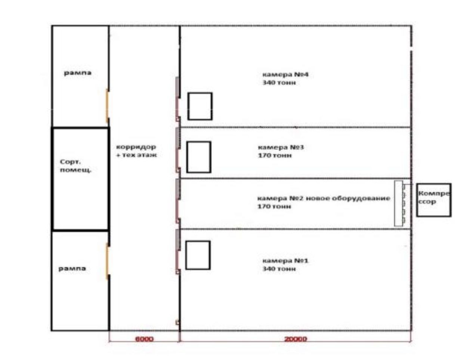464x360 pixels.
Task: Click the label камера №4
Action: click(x=285, y=74)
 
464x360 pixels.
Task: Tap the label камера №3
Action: click(x=281, y=147)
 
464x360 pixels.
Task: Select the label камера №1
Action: click(x=285, y=261)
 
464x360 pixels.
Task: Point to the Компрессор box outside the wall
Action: click(x=434, y=200)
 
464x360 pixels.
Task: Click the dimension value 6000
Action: click(x=144, y=339)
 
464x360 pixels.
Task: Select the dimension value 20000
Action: click(x=296, y=339)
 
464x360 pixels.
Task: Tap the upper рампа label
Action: click(x=78, y=73)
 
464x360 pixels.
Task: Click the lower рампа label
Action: click(x=72, y=268)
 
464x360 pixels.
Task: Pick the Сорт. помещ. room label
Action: click(x=76, y=166)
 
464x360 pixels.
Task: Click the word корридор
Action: click(x=136, y=147)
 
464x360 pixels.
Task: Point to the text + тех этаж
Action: click(x=136, y=155)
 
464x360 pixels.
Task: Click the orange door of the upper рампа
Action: click(x=107, y=106)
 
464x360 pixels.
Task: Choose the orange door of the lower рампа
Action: click(x=107, y=261)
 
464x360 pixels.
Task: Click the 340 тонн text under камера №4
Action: click(x=279, y=83)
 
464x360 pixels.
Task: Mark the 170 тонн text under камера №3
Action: click(x=275, y=155)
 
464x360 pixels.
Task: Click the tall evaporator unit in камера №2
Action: click(x=399, y=203)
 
